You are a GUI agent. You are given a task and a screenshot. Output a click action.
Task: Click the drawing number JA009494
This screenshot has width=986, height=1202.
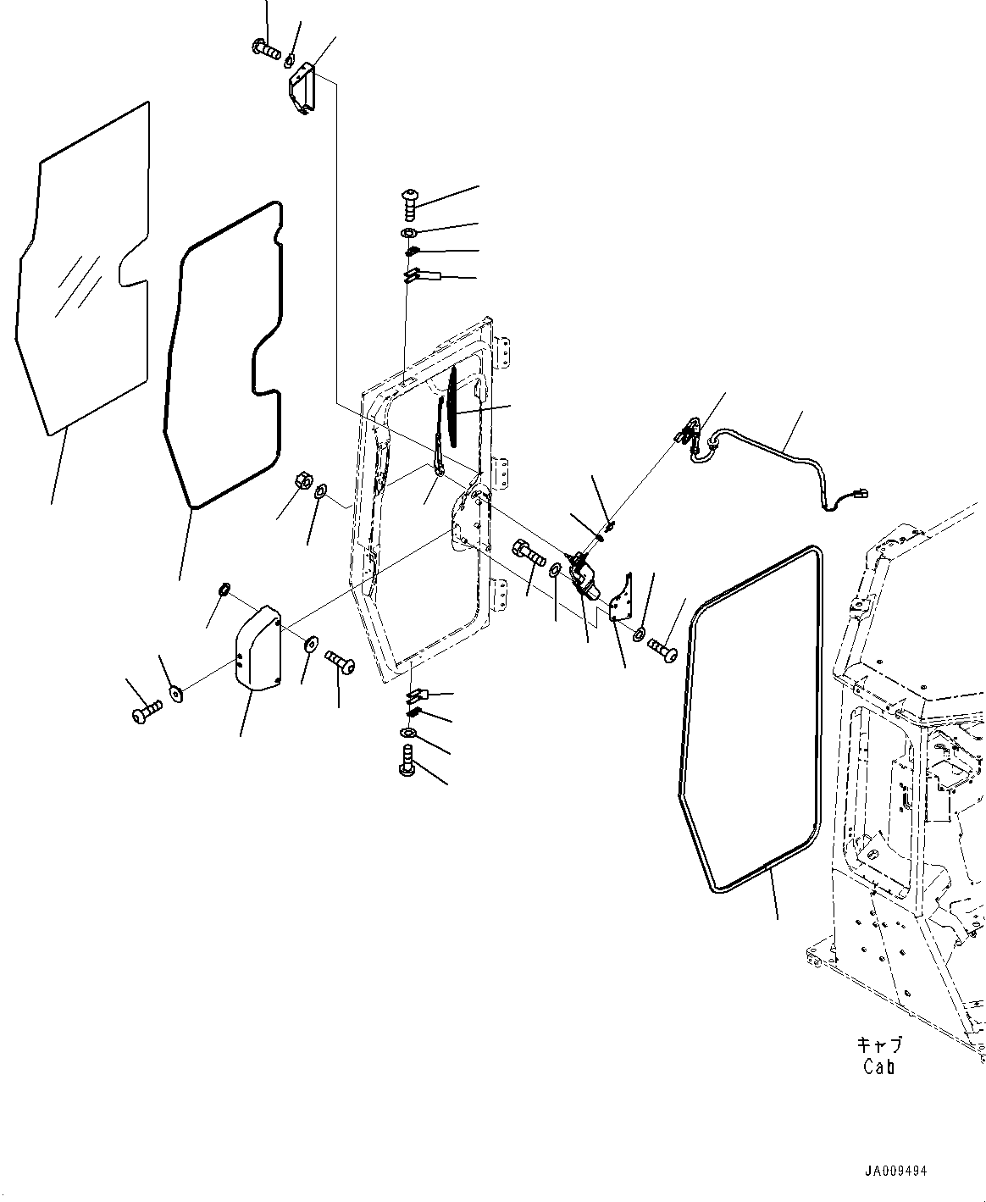(x=895, y=1172)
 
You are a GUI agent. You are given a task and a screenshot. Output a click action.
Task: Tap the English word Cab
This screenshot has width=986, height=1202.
(x=878, y=1066)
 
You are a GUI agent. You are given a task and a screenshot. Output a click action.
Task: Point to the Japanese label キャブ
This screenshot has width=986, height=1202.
(x=879, y=1044)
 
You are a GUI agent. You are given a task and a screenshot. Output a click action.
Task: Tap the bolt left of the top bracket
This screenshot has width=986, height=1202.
(x=266, y=50)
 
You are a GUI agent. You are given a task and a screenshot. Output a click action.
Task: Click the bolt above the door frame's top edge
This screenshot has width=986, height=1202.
(x=408, y=201)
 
